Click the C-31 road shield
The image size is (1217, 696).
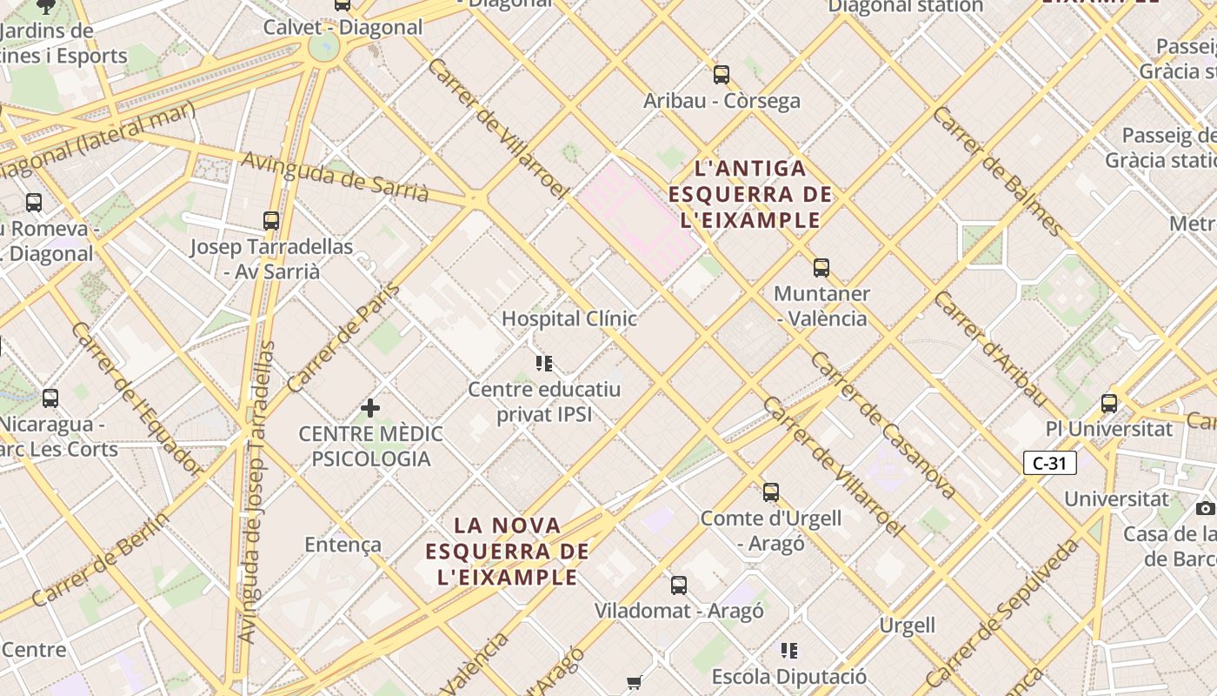1050,463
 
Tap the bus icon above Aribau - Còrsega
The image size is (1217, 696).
722,75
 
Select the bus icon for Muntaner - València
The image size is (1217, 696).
821,268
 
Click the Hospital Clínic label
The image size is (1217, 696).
569,318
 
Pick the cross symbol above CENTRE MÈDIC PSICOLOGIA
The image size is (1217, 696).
370,407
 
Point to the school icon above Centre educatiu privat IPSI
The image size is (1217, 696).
544,363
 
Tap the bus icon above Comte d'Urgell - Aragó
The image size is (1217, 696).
771,492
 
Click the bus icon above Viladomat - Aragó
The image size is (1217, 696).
679,586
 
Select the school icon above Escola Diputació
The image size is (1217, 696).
789,651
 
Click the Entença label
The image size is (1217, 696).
342,545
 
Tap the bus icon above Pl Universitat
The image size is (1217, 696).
1109,404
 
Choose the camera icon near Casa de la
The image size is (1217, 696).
1205,508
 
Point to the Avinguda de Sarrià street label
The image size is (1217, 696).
335,177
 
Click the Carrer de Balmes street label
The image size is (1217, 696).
998,171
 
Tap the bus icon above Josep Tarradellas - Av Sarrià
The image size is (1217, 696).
271,221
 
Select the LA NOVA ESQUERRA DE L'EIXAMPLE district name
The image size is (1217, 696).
508,551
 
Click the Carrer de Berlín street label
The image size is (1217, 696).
101,560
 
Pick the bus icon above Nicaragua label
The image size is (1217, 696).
50,398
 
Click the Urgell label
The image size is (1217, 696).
908,626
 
